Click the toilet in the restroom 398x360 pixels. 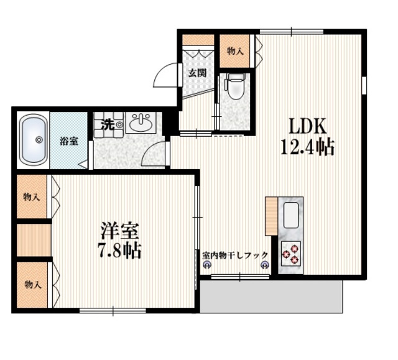(x=236, y=86)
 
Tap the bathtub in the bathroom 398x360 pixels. (x=34, y=140)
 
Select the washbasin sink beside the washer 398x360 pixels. (x=141, y=122)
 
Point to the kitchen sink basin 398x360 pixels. (x=290, y=215)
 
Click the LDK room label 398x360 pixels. (x=307, y=126)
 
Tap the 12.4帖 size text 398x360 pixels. (x=307, y=147)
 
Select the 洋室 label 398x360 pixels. (x=120, y=231)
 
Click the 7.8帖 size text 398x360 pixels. (x=120, y=250)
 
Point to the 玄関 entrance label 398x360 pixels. (x=197, y=73)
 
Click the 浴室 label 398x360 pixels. (x=69, y=141)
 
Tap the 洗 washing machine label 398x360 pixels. (x=108, y=124)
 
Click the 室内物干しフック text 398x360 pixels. (x=235, y=255)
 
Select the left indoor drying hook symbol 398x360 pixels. (x=206, y=265)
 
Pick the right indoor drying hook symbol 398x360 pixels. (x=265, y=265)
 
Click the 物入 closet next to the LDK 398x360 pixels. (x=235, y=51)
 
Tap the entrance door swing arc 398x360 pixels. (x=163, y=70)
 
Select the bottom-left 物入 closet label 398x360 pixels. (x=33, y=285)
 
